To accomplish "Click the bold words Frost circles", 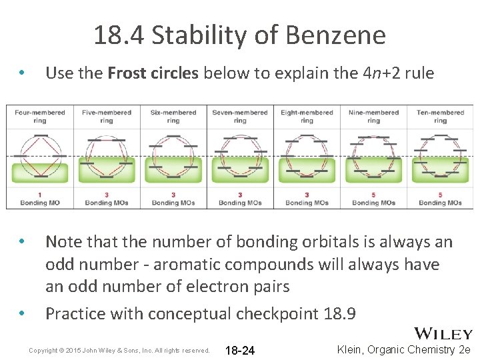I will point(153,73).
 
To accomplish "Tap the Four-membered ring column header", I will point(40,116).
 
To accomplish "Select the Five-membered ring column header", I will point(107,116).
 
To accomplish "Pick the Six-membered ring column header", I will point(173,116).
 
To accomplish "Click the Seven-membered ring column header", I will point(240,116).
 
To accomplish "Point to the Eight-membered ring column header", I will point(307,116).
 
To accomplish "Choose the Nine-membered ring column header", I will point(373,116).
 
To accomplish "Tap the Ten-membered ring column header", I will point(440,116).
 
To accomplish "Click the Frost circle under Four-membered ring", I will point(40,157).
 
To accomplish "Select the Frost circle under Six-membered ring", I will point(173,157).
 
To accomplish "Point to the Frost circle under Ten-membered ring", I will point(440,157).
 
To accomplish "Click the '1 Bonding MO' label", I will point(40,199).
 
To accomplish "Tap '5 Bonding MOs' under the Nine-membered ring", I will point(373,199).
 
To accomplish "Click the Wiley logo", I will point(443,334).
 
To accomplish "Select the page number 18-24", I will point(240,350).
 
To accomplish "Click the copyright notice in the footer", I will point(119,350).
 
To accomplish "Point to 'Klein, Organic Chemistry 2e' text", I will point(404,349).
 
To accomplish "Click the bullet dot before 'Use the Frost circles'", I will point(22,73).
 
